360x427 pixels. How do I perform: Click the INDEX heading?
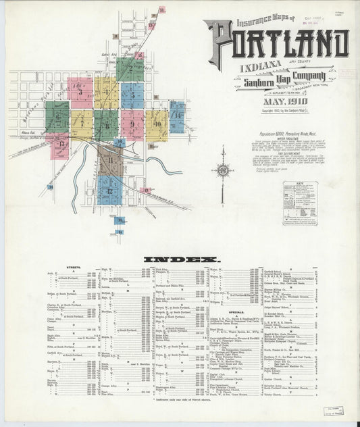pos(181,259)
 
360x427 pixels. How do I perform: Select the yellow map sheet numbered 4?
pos(107,93)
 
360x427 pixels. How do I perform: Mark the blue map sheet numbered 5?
pos(132,95)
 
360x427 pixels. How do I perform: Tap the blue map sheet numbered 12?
pos(109,190)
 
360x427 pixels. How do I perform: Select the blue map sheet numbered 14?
pos(177,116)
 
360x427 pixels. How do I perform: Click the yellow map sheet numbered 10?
pos(157,124)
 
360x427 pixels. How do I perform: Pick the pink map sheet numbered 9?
pos(132,124)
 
